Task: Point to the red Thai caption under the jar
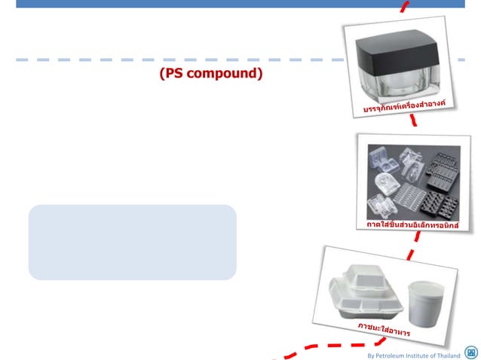pyautogui.click(x=411, y=106)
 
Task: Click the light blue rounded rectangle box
pyautogui.click(x=132, y=242)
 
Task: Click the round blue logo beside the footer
pyautogui.click(x=471, y=352)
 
